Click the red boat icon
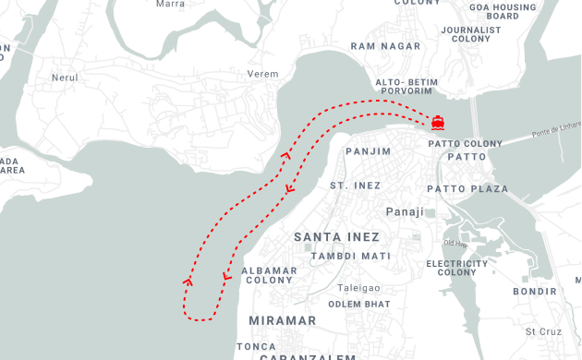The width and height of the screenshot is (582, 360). point(437,122)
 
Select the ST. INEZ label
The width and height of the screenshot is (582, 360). point(356,186)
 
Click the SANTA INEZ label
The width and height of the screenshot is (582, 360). point(336,237)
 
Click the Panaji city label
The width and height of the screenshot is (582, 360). point(404,211)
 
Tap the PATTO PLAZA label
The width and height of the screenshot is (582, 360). point(475,189)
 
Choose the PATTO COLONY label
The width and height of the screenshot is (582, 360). point(466,144)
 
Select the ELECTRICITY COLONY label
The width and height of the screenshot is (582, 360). point(456,269)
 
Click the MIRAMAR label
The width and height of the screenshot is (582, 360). point(282,320)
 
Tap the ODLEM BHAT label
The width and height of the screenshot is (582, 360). point(358,304)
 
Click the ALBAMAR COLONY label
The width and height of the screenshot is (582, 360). point(269,275)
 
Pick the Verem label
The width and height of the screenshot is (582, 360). point(263,74)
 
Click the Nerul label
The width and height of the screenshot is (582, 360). point(66,78)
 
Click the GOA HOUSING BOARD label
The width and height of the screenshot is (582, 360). point(503,12)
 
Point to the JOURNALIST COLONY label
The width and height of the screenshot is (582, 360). point(471,34)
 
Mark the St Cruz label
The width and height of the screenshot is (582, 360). point(543,331)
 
